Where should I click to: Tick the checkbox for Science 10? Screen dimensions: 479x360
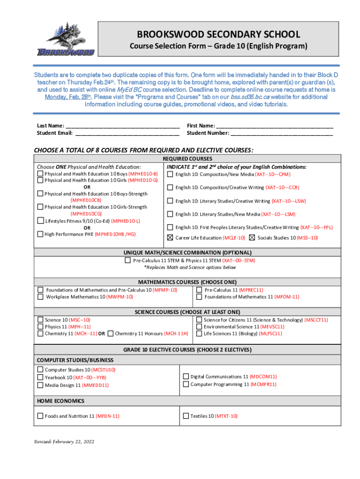[40, 320]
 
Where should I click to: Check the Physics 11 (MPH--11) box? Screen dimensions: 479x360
[40, 327]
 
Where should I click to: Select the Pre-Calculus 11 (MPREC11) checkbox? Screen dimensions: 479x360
[199, 290]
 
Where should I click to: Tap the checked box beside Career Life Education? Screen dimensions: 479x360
[170, 238]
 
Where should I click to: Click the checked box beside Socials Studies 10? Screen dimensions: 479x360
[252, 238]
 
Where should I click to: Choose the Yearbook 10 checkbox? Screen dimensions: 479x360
[40, 377]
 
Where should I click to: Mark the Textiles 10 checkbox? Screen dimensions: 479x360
[186, 416]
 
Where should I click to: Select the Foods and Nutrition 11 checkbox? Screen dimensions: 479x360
[40, 416]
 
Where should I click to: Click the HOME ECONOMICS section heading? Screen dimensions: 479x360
[61, 401]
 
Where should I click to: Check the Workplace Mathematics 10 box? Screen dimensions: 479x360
[41, 297]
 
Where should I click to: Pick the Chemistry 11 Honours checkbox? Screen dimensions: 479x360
[110, 334]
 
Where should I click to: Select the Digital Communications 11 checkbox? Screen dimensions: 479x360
[186, 377]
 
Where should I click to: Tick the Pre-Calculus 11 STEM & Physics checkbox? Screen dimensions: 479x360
[128, 261]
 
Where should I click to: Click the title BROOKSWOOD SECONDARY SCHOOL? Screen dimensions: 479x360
[218, 35]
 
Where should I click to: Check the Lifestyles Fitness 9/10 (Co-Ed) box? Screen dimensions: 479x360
[40, 221]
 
